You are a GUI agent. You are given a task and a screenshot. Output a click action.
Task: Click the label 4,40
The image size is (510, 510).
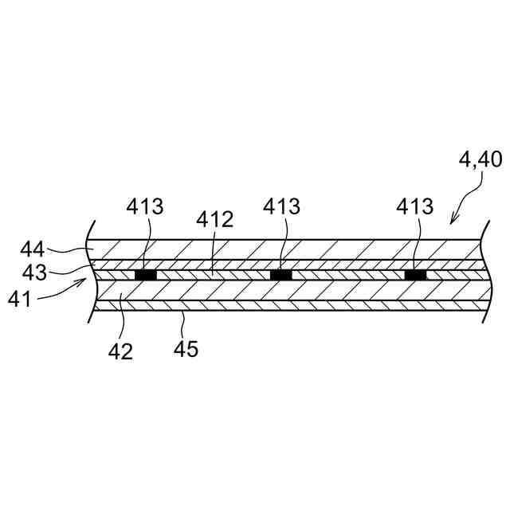480,160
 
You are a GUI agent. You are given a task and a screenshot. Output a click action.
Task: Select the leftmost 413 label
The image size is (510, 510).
145,207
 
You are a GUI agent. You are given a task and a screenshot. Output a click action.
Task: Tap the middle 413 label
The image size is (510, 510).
281,207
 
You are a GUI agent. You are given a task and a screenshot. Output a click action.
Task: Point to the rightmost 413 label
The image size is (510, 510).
415,207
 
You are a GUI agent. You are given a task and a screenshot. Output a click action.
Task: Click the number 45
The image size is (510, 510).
186,348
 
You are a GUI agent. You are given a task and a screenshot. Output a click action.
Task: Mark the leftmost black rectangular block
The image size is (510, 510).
145,275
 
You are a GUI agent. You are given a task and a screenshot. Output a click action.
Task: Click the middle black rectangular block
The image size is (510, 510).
281,275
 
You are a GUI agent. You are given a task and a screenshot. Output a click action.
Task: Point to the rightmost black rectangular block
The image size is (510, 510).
415,275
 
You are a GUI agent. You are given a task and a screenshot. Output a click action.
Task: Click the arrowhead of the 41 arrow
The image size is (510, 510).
84,280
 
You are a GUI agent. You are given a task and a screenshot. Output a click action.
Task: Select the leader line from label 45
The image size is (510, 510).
183,322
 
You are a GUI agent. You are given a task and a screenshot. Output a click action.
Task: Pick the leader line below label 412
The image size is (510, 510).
212,252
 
